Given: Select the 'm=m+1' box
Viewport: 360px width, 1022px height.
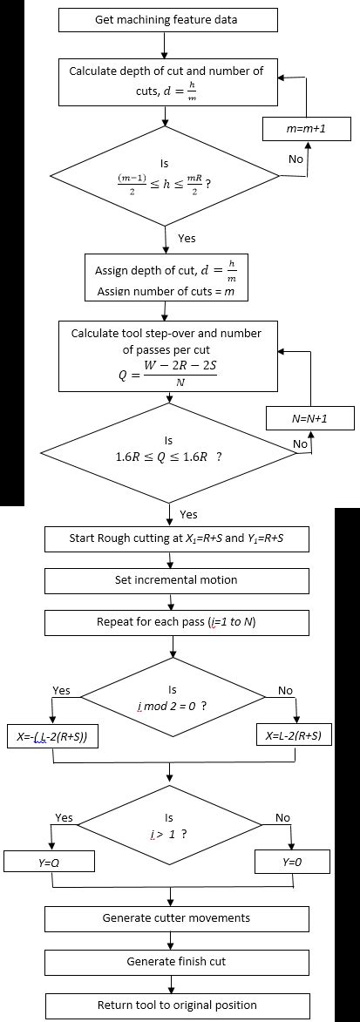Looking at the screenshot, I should [x=306, y=129].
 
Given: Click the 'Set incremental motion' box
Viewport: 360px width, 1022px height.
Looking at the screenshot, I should [x=176, y=580].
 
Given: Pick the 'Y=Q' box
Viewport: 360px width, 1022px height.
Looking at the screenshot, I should [x=53, y=862].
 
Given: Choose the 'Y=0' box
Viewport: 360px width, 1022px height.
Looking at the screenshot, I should [x=292, y=862].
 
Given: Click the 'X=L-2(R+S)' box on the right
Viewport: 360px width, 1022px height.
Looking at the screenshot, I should [x=295, y=735].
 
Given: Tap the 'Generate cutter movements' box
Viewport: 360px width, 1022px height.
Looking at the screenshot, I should [x=176, y=918].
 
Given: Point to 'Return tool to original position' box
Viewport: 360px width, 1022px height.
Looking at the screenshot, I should [x=176, y=1005].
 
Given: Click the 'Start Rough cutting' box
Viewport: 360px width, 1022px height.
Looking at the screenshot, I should [x=176, y=538].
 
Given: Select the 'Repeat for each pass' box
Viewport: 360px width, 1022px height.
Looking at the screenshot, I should [x=176, y=624].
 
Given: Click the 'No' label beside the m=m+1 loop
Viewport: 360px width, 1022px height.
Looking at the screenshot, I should [x=295, y=159].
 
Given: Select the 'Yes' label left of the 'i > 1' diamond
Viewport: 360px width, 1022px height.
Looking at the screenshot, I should [x=65, y=818].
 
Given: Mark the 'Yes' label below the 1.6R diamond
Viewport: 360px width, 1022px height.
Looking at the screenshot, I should [x=187, y=514].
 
